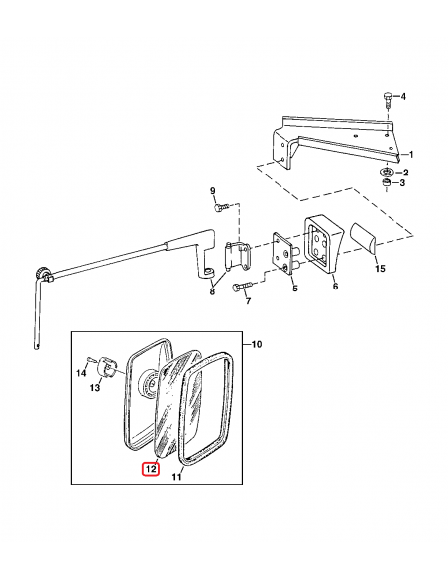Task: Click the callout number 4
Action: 403,97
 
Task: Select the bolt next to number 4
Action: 387,99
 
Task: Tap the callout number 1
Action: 411,154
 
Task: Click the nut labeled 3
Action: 386,182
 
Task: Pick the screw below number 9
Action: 221,207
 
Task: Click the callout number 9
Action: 212,191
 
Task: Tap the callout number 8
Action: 212,292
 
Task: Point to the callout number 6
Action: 335,286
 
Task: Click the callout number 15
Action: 380,269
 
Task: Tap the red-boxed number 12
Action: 152,469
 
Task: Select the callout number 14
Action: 81,373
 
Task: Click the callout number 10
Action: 256,344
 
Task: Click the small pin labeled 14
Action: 91,358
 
